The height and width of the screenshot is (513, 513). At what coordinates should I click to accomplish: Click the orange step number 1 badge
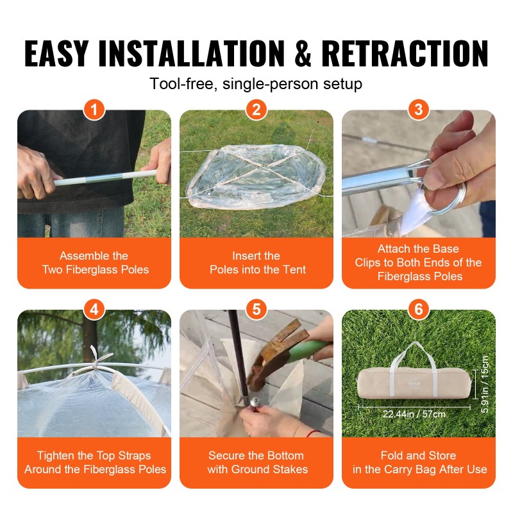pos(94,110)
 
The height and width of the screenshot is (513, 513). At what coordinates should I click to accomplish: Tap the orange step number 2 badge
pos(256,110)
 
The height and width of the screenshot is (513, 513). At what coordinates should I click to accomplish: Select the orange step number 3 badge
pos(419,110)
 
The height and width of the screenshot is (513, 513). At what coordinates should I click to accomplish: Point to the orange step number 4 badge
pos(94,310)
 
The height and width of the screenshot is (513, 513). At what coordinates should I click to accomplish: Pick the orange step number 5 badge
pos(256,310)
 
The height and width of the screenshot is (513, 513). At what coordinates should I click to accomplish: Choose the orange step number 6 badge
pos(419,310)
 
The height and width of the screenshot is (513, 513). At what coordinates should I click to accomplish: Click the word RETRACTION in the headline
pos(405,53)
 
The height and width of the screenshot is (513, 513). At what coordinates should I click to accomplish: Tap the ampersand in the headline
pos(303,53)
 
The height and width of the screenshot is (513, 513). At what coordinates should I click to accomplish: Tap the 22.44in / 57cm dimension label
pos(414,414)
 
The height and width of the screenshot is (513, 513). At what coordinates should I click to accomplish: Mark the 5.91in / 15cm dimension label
pos(485,384)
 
